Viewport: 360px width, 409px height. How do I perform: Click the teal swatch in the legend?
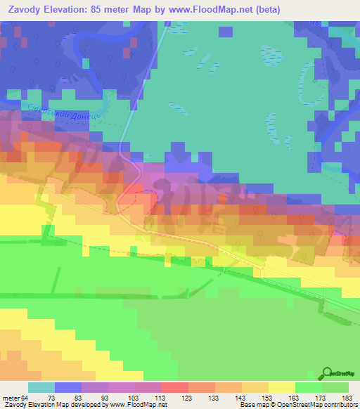click(41, 387)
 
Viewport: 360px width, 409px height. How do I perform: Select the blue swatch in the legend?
click(68, 387)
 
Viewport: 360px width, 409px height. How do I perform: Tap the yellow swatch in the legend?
click(282, 387)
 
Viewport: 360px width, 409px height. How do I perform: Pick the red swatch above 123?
click(175, 387)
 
